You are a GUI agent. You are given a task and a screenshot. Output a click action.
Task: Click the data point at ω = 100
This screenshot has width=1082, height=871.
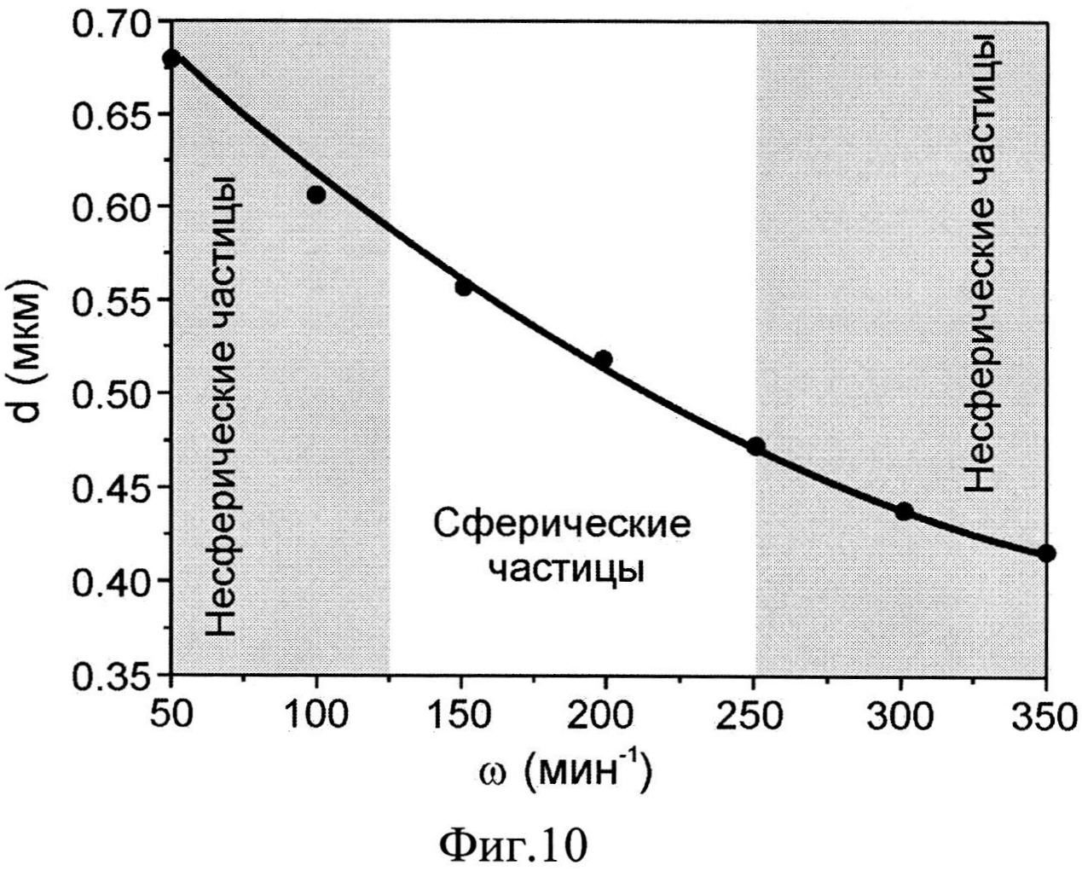coord(316,195)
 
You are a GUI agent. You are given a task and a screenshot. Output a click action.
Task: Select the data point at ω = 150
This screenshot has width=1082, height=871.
coord(464,287)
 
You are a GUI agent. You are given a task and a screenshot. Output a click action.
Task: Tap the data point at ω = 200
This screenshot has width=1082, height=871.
coord(603,359)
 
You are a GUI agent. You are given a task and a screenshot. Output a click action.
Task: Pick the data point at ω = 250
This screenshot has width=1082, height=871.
coord(755,446)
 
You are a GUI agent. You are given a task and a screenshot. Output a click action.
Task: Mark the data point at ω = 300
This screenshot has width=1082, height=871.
coord(904,511)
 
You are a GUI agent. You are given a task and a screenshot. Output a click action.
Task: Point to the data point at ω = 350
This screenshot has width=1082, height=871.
coord(1047,553)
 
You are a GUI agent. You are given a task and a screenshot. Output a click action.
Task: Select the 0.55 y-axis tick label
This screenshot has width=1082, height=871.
coord(112,300)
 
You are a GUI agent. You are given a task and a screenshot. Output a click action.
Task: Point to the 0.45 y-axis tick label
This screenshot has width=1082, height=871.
coord(112,487)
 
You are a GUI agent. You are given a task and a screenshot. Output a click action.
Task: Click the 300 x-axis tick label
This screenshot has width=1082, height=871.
coord(902,715)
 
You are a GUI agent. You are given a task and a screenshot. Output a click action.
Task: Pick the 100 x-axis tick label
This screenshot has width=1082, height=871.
coord(316,715)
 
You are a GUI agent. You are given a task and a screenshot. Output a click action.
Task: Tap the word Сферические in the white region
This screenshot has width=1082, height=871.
coord(561,523)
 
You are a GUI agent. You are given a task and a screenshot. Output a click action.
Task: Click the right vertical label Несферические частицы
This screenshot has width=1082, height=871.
coord(981,263)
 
